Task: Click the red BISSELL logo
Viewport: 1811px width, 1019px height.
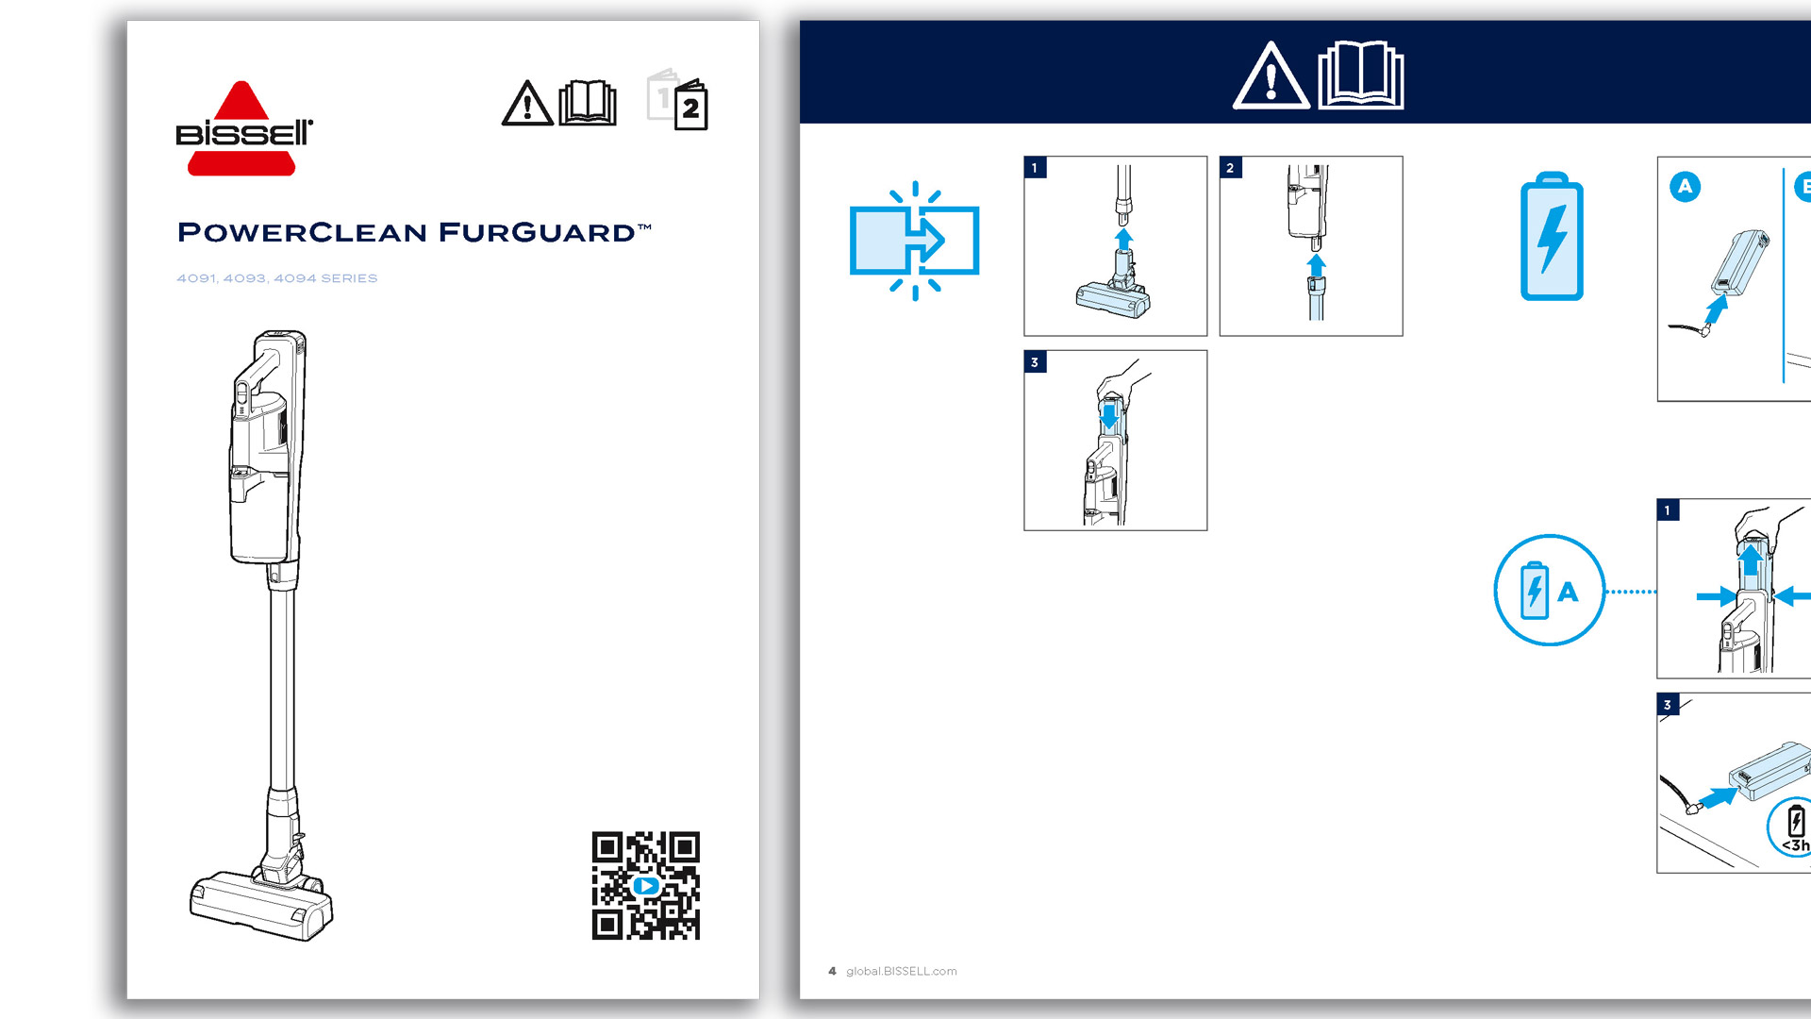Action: tap(243, 128)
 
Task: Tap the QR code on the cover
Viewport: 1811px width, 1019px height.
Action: tap(646, 885)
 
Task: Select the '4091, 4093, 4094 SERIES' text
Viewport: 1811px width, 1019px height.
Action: tap(277, 278)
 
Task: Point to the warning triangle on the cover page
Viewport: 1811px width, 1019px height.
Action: tap(527, 103)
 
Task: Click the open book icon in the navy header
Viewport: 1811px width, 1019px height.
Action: tap(1360, 75)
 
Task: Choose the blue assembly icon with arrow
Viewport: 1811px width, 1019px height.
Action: tap(914, 241)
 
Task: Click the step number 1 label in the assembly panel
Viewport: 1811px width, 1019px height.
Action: tap(1035, 168)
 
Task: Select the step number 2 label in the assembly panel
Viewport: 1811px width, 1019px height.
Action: tap(1230, 168)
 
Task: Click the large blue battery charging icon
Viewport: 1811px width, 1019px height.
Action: tap(1552, 237)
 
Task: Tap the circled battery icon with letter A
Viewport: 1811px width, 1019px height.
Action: tap(1549, 591)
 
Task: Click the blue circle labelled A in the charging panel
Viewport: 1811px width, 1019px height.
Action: tap(1686, 187)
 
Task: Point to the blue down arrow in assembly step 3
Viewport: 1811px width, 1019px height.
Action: tap(1109, 416)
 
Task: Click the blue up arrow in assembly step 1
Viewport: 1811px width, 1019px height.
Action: tap(1123, 239)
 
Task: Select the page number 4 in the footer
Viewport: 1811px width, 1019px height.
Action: tap(832, 971)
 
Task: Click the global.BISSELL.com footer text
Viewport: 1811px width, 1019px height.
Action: tap(902, 971)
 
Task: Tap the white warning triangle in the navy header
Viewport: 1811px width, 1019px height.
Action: tap(1271, 75)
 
